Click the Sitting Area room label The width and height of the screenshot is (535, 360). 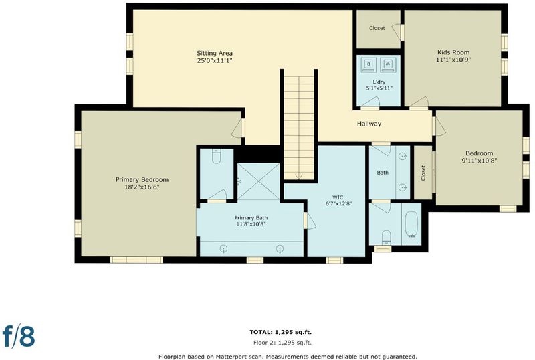point(215,53)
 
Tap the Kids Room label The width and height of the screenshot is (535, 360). point(453,52)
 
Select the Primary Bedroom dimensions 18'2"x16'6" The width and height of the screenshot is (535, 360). point(142,187)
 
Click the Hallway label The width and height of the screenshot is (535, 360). point(369,124)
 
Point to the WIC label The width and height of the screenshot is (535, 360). point(338,197)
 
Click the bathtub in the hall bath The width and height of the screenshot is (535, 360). point(411,224)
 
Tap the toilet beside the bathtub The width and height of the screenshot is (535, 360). point(386,238)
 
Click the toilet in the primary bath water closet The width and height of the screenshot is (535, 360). point(216,156)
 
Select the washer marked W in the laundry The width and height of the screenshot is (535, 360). point(388,64)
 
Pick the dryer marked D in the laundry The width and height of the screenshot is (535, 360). point(368,64)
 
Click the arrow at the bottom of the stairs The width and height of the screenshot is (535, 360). point(299,176)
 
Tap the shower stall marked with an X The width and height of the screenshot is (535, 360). point(259,181)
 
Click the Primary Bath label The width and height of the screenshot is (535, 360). point(251,218)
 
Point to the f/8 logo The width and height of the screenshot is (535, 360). point(19,335)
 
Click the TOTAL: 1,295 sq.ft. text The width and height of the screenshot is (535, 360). point(280,332)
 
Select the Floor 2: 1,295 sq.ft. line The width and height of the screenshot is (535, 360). point(282,342)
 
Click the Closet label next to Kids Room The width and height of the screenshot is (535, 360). point(377,28)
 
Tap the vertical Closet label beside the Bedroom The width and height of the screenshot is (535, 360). point(423,173)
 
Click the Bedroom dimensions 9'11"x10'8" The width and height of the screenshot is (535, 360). point(479,160)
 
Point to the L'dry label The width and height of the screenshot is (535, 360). point(379,82)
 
